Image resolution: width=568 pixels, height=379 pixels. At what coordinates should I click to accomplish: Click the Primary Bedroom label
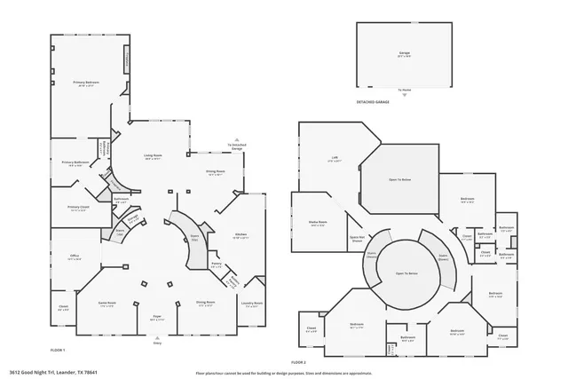pyautogui.click(x=85, y=83)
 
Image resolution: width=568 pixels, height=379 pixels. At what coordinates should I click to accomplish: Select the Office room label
pyautogui.click(x=75, y=256)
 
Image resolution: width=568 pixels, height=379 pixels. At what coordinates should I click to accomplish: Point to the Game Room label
pyautogui.click(x=106, y=303)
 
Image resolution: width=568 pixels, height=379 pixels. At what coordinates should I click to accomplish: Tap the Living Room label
pyautogui.click(x=153, y=154)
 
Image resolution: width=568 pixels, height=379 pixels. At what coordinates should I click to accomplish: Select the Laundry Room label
pyautogui.click(x=252, y=303)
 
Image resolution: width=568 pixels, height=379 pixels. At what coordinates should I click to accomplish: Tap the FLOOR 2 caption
pyautogui.click(x=298, y=362)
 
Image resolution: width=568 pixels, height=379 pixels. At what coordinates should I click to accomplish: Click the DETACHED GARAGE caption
pyautogui.click(x=374, y=102)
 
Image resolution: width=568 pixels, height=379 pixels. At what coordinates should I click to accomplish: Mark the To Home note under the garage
pyautogui.click(x=405, y=90)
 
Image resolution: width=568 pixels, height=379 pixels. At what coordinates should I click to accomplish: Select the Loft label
pyautogui.click(x=335, y=158)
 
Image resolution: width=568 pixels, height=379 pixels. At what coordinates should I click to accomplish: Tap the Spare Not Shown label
pyautogui.click(x=357, y=238)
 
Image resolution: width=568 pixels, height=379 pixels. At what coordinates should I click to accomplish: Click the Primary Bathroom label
pyautogui.click(x=75, y=162)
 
